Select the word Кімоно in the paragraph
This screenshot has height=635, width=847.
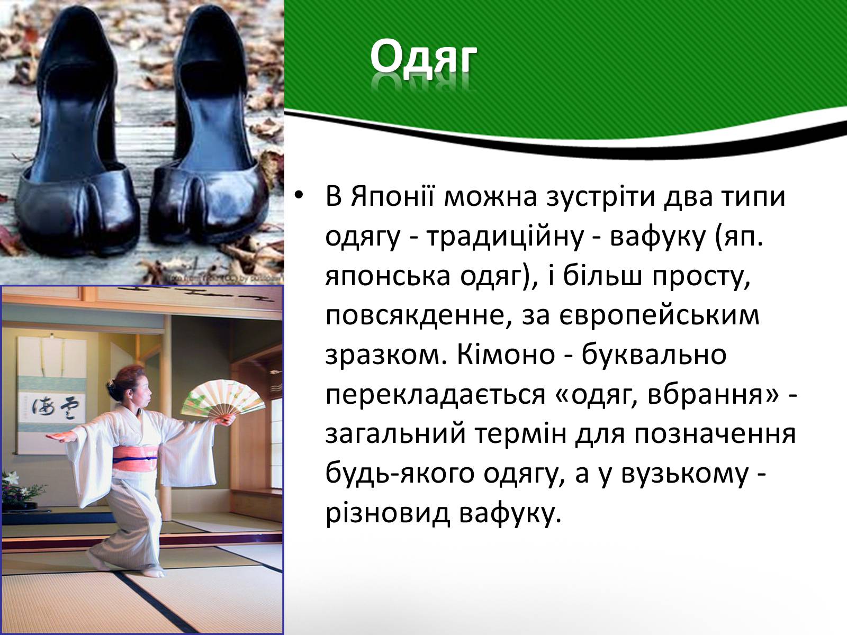tap(506, 355)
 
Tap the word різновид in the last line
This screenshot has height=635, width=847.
tap(388, 513)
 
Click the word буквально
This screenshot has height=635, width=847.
tap(654, 355)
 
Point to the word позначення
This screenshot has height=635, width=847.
tap(715, 434)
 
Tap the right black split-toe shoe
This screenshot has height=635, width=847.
tap(210, 127)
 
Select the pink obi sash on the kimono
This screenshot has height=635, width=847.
tap(135, 458)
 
